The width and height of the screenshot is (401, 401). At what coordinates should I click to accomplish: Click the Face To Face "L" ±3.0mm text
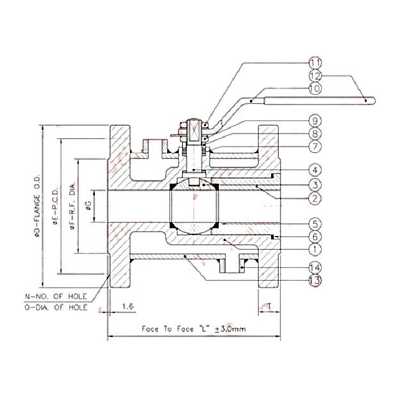194,329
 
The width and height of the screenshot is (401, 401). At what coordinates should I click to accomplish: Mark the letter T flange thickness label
271,306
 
